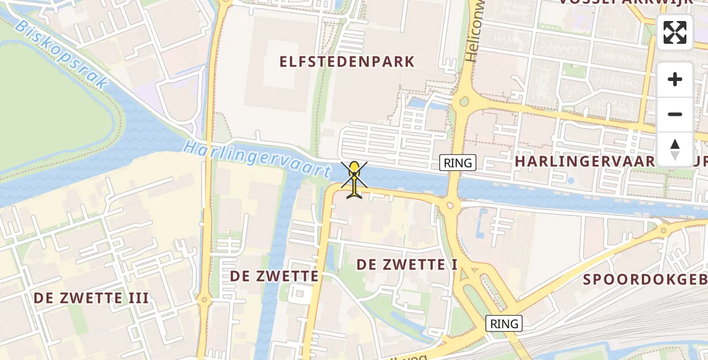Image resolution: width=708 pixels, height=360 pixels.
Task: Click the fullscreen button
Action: click(675, 32)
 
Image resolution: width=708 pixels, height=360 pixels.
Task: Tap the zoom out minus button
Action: click(675, 114)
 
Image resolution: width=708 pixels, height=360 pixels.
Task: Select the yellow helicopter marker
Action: click(355, 178)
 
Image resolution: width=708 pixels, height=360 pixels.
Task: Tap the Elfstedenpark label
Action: click(347, 61)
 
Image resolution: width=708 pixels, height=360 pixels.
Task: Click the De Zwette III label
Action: click(91, 298)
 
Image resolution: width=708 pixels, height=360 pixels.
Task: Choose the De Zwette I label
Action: click(407, 264)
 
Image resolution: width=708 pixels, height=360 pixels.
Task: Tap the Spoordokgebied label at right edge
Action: click(645, 279)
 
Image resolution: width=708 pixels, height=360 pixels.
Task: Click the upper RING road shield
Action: click(458, 162)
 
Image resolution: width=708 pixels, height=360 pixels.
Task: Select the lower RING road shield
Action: click(504, 324)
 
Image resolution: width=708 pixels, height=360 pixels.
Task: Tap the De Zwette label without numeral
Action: click(275, 276)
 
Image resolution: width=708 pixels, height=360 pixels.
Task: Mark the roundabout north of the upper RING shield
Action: click(463, 102)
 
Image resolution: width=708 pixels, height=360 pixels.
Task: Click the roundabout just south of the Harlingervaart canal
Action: click(450, 206)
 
